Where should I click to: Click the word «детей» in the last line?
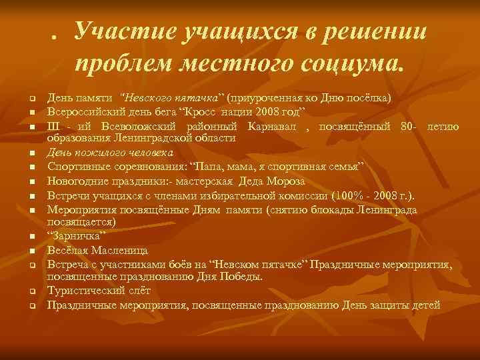point(426,305)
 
